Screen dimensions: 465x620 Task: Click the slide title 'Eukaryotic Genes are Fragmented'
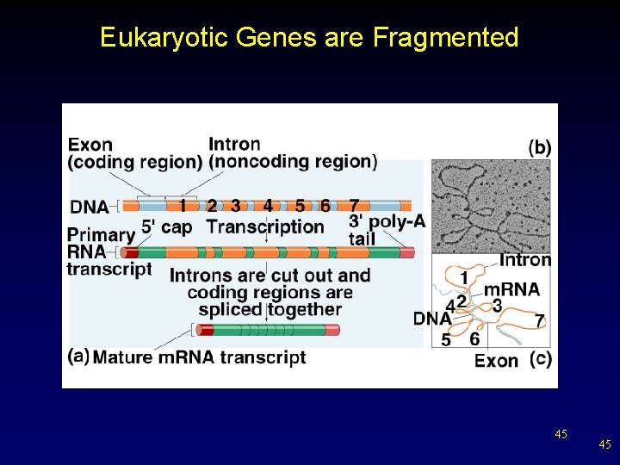309,38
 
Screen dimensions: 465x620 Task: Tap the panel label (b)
539,147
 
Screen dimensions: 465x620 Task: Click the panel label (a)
78,356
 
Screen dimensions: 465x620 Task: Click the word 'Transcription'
265,227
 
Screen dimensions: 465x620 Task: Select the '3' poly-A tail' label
386,230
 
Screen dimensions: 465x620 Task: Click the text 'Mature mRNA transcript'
199,357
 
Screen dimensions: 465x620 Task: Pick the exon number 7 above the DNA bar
354,206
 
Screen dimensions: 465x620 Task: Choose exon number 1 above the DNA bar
183,206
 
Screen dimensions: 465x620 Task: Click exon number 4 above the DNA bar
268,206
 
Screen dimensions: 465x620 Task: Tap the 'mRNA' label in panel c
512,289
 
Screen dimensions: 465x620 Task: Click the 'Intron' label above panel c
525,259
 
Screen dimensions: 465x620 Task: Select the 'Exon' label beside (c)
497,360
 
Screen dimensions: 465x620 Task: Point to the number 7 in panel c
539,321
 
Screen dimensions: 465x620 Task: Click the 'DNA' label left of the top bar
90,207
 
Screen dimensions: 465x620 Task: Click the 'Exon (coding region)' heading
134,152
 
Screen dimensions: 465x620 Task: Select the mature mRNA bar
268,330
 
